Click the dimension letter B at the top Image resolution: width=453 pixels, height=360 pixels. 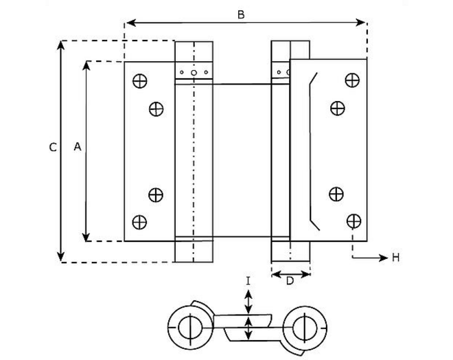[x=241, y=14]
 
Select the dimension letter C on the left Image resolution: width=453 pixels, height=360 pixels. [x=53, y=148]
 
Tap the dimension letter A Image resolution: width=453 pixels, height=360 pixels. [x=78, y=147]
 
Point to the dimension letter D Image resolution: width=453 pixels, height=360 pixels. [x=290, y=281]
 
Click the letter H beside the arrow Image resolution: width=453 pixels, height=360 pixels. [x=396, y=258]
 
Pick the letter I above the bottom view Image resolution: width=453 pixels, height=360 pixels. [x=248, y=281]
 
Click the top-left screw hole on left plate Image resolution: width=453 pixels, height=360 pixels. [x=140, y=80]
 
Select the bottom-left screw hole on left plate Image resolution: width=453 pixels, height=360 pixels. [x=139, y=222]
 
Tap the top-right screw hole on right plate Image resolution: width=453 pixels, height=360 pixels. [x=353, y=80]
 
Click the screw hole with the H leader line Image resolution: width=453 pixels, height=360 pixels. [x=353, y=221]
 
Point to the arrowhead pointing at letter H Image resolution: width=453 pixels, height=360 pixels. [x=384, y=258]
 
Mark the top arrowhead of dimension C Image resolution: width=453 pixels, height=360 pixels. [x=60, y=45]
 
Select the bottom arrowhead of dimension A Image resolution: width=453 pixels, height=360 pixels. [x=86, y=236]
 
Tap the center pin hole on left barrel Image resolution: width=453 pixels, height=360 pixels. [x=194, y=73]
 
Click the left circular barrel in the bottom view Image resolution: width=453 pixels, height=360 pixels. [x=191, y=328]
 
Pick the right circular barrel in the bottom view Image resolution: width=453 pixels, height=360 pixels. [x=305, y=328]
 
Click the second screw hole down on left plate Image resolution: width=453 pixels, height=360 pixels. [x=156, y=109]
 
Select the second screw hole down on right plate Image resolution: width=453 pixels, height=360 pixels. [x=338, y=109]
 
